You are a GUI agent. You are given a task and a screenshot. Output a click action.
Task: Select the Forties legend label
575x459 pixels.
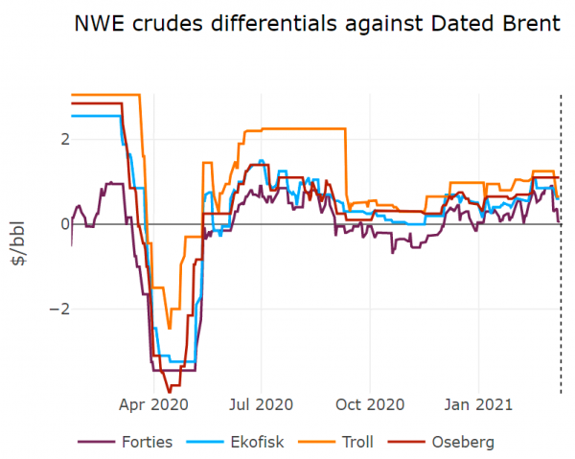[147, 442]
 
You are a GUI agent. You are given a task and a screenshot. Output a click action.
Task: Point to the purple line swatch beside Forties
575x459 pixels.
[96, 442]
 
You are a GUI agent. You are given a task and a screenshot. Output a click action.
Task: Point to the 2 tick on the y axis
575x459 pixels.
[64, 139]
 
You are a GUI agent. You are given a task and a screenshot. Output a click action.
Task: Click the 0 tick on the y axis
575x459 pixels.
[64, 223]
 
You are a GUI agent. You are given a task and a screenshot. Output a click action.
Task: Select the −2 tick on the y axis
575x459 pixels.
[59, 309]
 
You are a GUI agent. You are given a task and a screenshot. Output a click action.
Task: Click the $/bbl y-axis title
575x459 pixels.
[21, 248]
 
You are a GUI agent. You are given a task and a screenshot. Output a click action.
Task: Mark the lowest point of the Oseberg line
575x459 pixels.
[170, 392]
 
